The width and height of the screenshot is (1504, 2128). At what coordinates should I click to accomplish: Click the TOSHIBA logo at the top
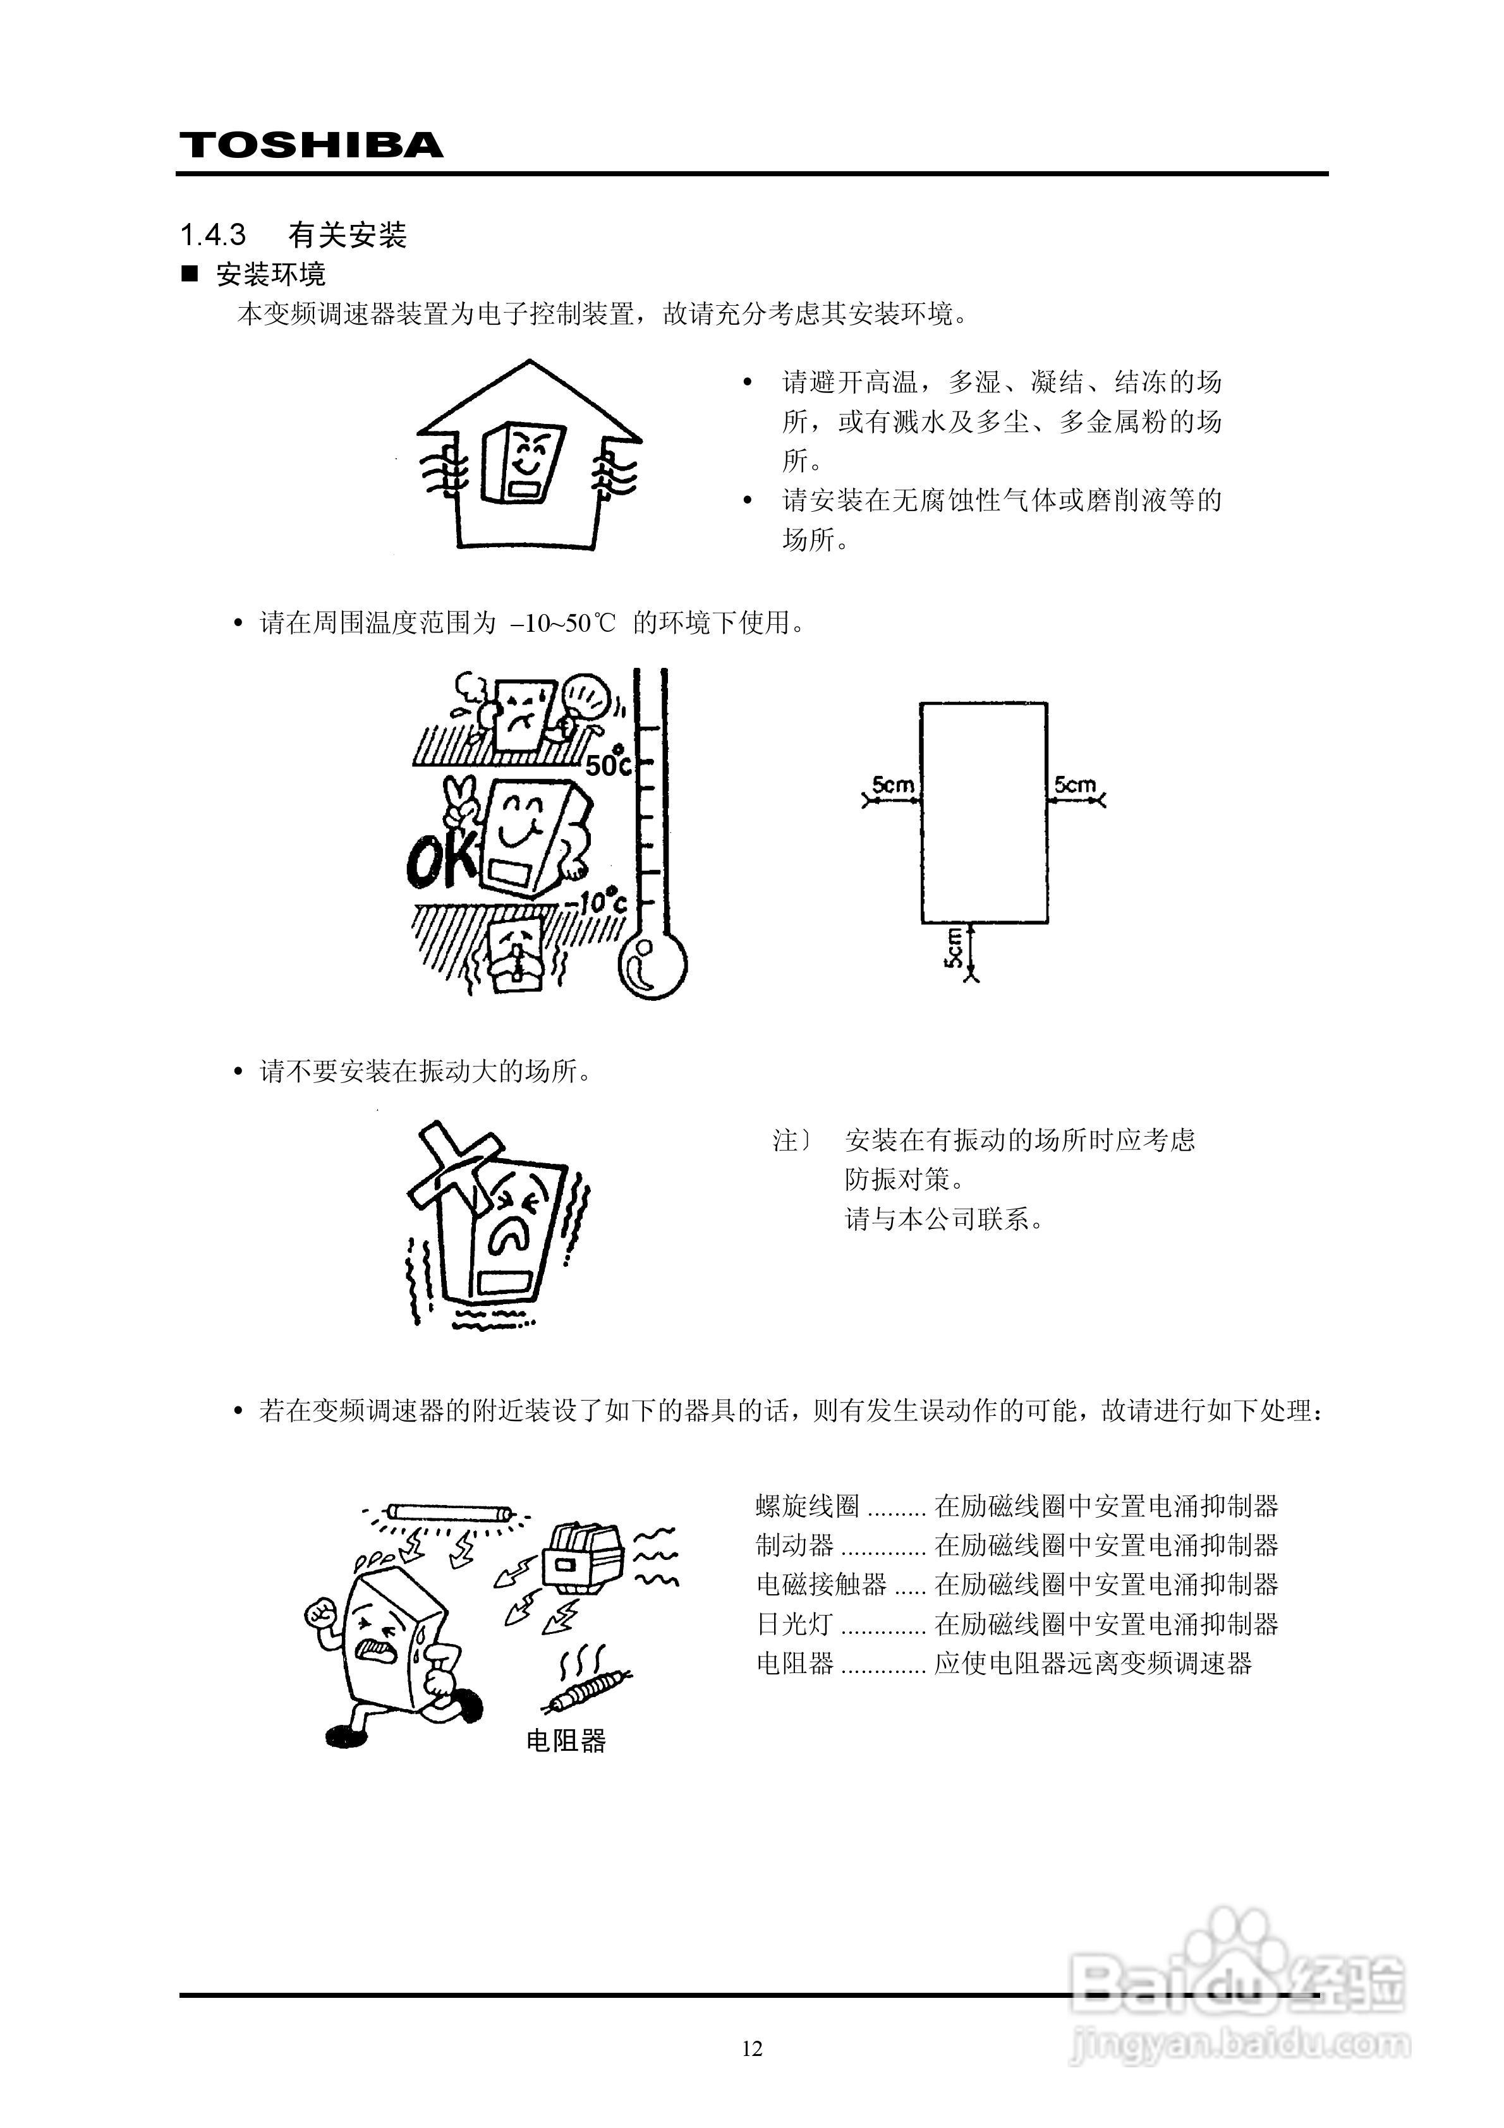coord(312,145)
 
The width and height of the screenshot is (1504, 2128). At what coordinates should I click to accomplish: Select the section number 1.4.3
coord(213,236)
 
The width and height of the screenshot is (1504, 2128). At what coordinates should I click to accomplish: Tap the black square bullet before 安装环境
coord(190,274)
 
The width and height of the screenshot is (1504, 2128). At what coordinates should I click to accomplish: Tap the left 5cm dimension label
coord(892,785)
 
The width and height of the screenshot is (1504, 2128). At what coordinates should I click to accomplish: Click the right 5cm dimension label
coord(1075,785)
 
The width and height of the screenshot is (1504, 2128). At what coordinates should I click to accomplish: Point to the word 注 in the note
coord(786,1140)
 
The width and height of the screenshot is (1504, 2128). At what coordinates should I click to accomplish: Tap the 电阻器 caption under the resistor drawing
coord(566,1741)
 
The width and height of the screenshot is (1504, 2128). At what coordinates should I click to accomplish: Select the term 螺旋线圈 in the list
coord(808,1506)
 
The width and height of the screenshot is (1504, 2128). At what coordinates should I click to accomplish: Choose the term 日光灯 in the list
coord(794,1624)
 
